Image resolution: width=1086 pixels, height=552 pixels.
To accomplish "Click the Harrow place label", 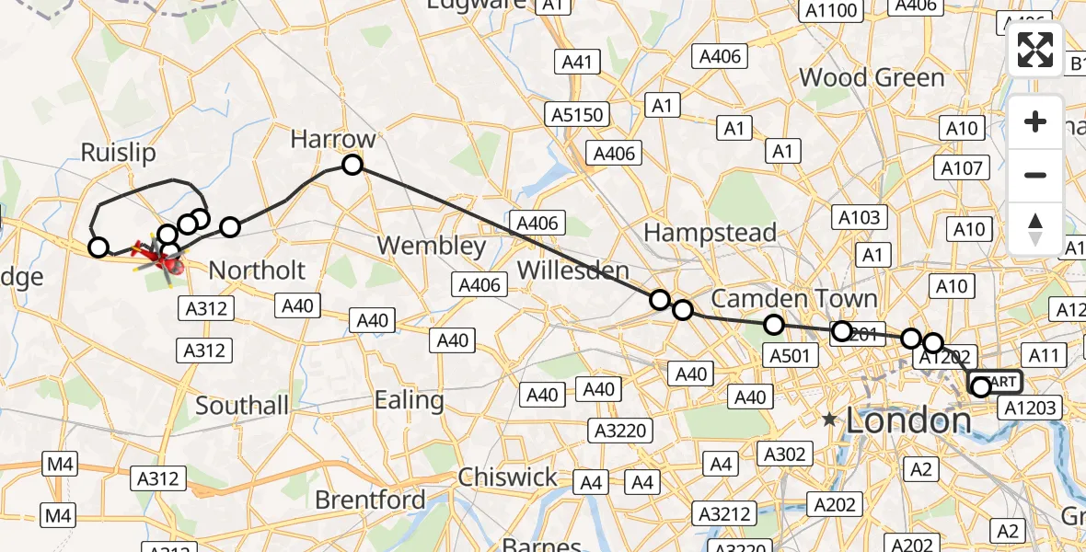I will coord(333,139).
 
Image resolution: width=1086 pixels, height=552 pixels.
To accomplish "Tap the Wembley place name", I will coord(432,246).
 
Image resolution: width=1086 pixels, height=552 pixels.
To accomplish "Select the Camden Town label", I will coord(794,299).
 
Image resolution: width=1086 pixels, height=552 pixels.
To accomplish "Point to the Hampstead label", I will coord(710,233).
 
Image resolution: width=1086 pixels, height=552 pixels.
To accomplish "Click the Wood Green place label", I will coord(872,77).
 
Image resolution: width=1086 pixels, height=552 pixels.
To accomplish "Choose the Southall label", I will coord(242,406).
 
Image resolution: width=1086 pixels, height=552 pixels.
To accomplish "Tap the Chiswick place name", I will coord(507,477).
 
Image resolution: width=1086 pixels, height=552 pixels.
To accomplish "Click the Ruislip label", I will coord(118,153).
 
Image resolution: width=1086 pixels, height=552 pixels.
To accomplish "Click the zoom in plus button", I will coord(1035,121).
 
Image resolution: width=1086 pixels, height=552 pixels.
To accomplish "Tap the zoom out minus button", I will coord(1035,175).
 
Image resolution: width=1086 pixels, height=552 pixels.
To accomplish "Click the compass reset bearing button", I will coord(1035,228).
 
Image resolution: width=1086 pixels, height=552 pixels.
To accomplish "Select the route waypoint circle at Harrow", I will coord(352,165).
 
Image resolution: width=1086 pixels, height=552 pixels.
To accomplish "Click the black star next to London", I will coord(830,420).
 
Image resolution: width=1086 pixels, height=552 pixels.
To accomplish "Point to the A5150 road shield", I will coord(578,115).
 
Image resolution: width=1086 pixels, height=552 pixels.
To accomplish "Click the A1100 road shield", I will coord(831,11).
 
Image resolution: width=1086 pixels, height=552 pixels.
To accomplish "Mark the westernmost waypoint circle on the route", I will coord(98,247).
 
